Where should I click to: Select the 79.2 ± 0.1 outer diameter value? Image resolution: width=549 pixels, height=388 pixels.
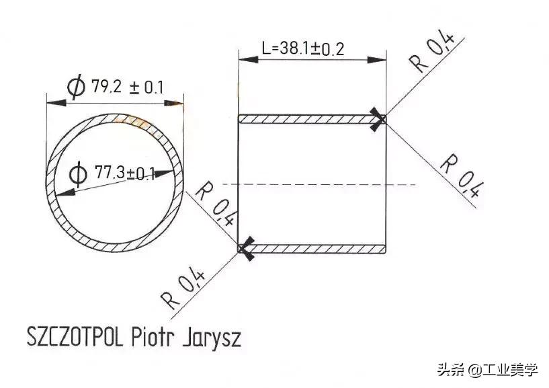point(128,87)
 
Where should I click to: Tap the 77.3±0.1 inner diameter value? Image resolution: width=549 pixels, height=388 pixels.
point(124,174)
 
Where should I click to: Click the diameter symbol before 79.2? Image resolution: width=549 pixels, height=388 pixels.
point(76,87)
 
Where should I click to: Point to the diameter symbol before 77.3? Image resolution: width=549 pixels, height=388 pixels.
point(78,175)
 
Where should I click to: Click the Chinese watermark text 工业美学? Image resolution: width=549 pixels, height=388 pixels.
point(513,369)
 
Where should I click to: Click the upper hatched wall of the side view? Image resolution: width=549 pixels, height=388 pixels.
point(309,119)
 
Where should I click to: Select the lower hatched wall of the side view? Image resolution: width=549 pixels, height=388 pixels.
point(316,249)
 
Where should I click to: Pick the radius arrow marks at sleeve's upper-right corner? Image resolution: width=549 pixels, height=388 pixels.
point(380,120)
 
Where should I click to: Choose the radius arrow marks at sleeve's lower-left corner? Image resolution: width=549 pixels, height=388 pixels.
point(245,249)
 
